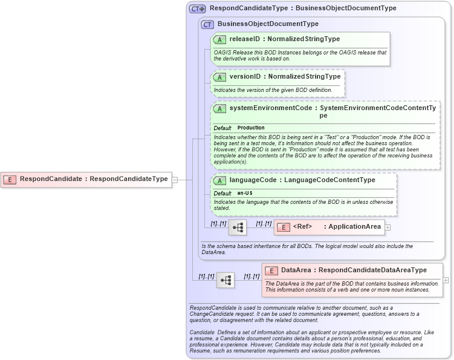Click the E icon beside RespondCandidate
click(x=10, y=179)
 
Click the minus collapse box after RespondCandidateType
click(x=174, y=179)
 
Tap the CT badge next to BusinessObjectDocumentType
click(x=207, y=24)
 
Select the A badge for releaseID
click(x=219, y=39)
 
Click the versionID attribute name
click(x=245, y=77)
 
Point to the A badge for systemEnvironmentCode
click(x=219, y=108)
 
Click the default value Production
click(x=251, y=128)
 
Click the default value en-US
click(x=245, y=193)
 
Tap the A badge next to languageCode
click(x=219, y=180)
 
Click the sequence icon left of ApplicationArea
click(x=237, y=227)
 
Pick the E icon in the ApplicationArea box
click(x=283, y=227)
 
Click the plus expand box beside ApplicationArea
click(x=388, y=227)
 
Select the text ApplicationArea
click(x=355, y=227)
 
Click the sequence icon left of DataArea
click(x=225, y=280)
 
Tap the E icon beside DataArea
click(x=271, y=270)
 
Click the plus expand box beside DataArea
click(x=446, y=280)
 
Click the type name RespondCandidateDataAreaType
click(x=372, y=270)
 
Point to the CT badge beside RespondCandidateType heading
click(x=198, y=8)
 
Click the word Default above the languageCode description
click(x=222, y=193)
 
